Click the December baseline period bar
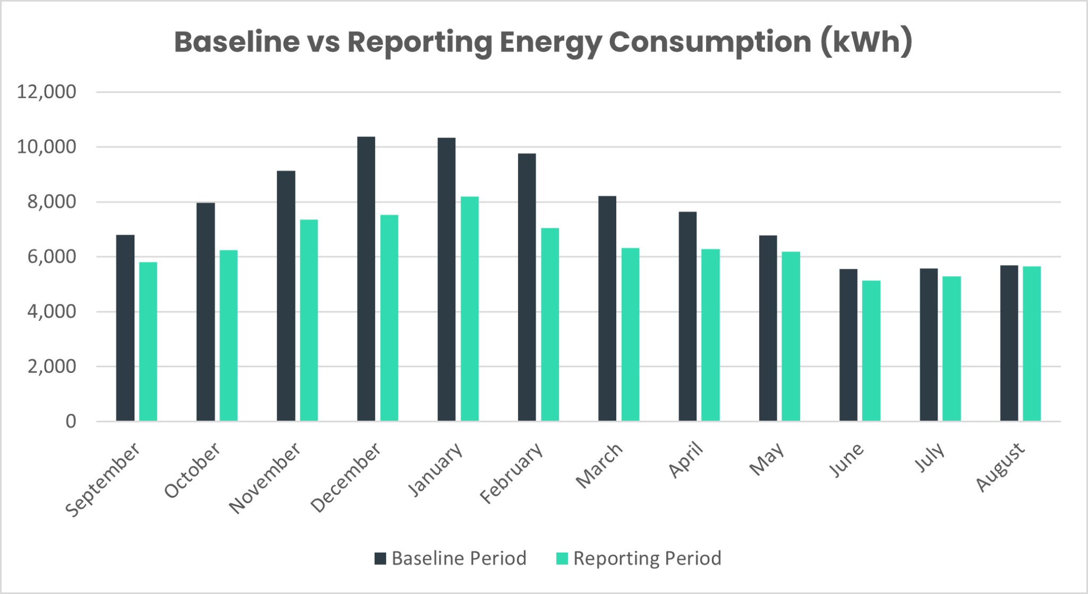[366, 279]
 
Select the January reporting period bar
[470, 309]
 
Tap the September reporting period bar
[148, 342]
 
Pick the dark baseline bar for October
[206, 312]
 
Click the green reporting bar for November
[309, 320]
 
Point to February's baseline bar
[526, 287]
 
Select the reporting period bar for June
[871, 351]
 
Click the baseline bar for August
[1009, 343]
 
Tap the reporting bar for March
[630, 335]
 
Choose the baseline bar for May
[768, 328]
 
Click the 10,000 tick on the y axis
[47, 147]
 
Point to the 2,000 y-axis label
[52, 367]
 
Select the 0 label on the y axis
[71, 422]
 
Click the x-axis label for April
[686, 460]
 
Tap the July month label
[930, 457]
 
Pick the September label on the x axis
[103, 480]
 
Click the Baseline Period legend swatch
[380, 558]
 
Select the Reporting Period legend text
[647, 558]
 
